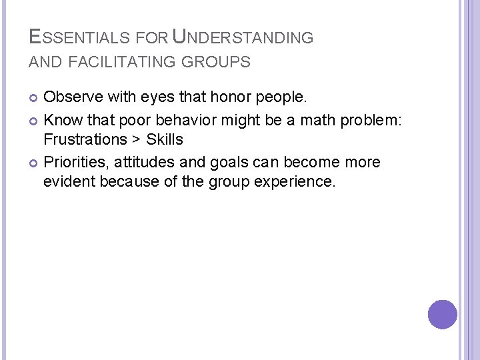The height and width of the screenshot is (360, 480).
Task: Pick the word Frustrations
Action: pyautogui.click(x=85, y=139)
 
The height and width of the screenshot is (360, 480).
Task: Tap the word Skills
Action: pyautogui.click(x=165, y=139)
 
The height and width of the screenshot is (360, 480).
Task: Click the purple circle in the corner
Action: pyautogui.click(x=443, y=315)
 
